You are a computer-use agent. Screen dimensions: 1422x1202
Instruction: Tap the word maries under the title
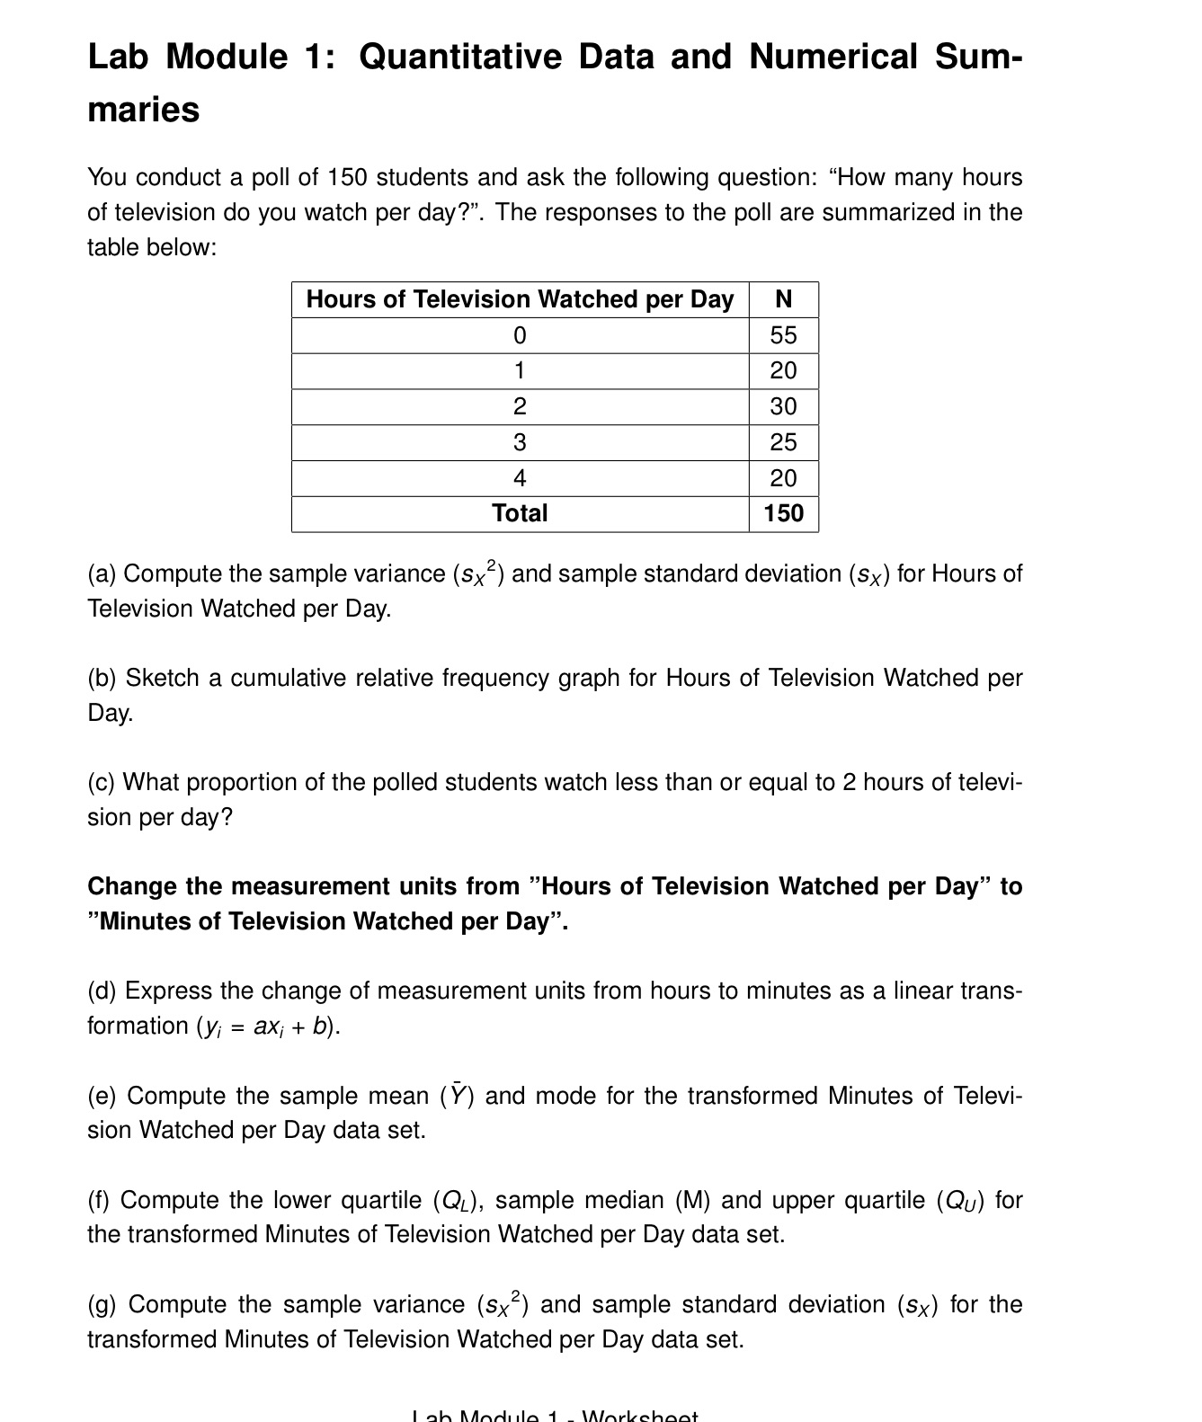(143, 111)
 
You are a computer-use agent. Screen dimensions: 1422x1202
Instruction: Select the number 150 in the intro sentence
(348, 178)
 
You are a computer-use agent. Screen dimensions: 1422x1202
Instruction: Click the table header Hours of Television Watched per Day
(520, 299)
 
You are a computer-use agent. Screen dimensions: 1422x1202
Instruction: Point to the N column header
(783, 299)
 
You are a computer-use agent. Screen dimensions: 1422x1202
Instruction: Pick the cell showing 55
(783, 335)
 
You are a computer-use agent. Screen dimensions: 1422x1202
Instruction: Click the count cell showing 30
(783, 406)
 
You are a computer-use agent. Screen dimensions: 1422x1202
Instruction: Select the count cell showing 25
(783, 442)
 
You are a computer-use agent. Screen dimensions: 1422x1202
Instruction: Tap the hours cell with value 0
(520, 335)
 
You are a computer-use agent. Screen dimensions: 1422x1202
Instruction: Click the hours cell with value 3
(520, 442)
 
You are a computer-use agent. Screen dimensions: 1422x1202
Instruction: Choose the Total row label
(520, 513)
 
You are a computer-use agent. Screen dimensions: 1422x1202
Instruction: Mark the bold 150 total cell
(783, 513)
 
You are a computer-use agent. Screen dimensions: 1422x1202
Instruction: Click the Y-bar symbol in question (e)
(458, 1096)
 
